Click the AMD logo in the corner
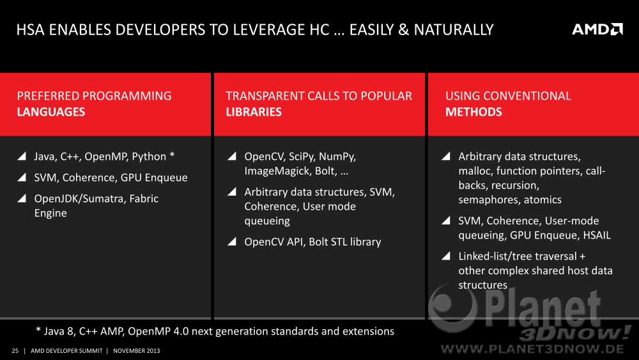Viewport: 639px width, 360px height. pos(597,29)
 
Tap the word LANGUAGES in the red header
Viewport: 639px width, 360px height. pos(51,112)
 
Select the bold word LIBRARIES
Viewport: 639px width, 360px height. pos(254,112)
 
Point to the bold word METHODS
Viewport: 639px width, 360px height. pos(473,112)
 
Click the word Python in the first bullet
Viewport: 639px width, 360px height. pos(149,157)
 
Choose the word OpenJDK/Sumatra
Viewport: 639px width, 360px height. pos(80,199)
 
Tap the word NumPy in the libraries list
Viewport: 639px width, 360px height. pos(337,157)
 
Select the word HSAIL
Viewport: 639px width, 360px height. pos(597,235)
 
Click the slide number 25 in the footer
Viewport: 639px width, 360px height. pos(15,350)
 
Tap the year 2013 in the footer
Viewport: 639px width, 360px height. pos(153,350)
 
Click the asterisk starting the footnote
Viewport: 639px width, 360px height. pos(38,329)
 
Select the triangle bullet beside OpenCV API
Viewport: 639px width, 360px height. pos(232,241)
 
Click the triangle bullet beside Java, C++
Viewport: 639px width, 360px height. pos(22,156)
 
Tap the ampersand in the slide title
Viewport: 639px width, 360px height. pos(403,30)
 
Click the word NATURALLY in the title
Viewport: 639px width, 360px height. pos(454,30)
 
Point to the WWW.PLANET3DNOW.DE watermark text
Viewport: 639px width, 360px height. pos(532,349)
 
